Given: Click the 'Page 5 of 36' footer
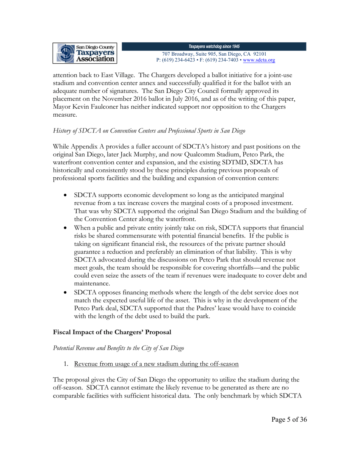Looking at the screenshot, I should coord(289,419).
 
